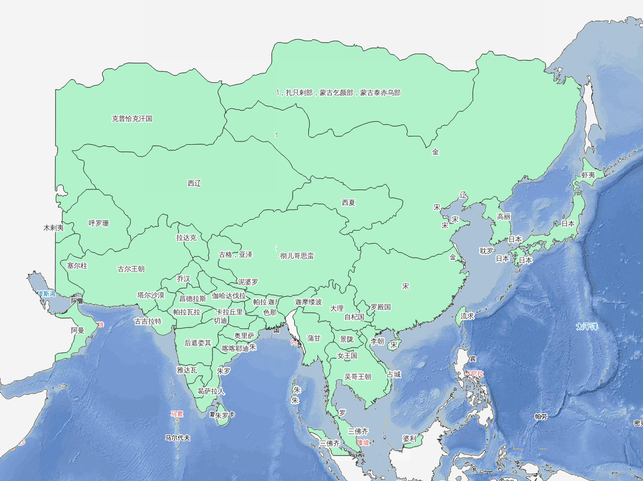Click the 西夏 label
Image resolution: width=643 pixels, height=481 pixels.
click(348, 202)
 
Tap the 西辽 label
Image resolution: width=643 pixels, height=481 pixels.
click(194, 183)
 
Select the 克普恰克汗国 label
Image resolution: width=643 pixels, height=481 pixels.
click(132, 119)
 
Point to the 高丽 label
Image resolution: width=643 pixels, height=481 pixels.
click(503, 217)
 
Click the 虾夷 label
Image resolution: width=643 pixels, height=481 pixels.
click(588, 175)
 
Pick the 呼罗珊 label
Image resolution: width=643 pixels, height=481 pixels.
click(99, 223)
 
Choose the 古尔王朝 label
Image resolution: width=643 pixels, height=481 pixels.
click(131, 269)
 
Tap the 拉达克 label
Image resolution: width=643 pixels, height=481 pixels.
click(186, 238)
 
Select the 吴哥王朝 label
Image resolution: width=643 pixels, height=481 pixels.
click(358, 377)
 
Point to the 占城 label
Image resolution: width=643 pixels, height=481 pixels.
click(394, 374)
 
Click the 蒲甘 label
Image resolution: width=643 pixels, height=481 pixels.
click(314, 338)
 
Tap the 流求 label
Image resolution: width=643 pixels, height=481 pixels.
click(467, 316)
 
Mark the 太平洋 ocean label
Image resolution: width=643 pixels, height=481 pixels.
click(587, 327)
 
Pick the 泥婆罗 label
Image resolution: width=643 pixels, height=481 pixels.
click(248, 282)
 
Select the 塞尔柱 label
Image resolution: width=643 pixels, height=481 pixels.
click(78, 265)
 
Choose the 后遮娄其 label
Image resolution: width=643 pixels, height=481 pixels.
click(198, 343)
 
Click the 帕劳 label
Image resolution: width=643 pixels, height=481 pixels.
click(541, 417)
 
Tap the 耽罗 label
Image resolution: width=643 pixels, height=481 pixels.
click(487, 251)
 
